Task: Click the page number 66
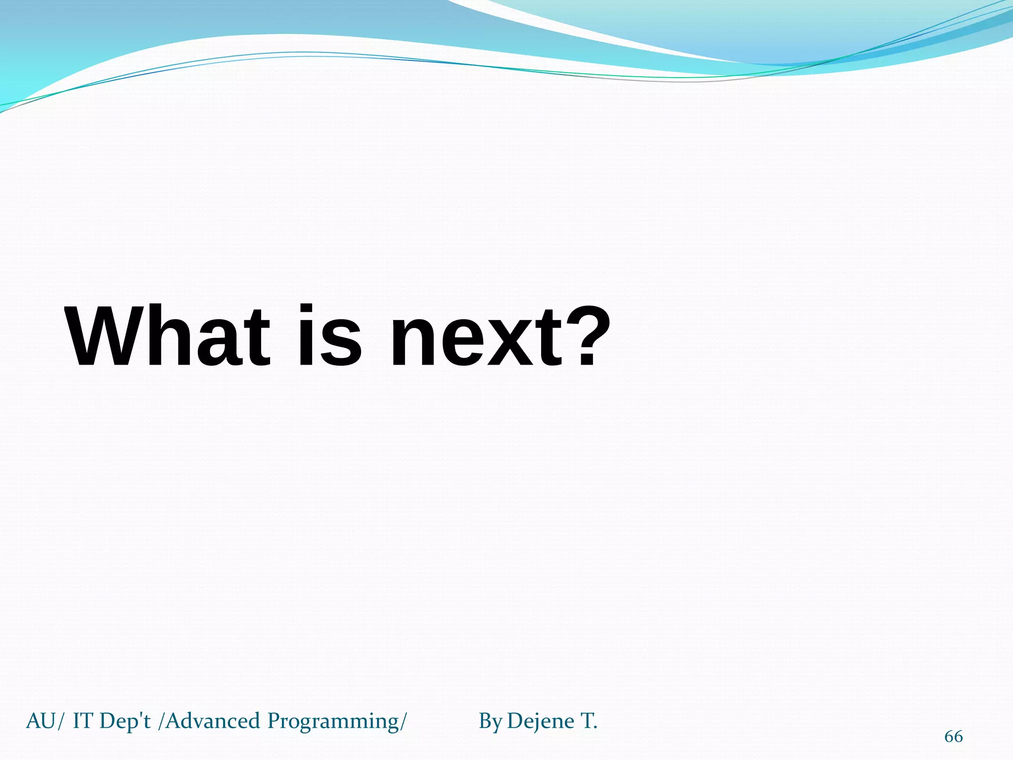pos(953,736)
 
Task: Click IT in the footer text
pos(83,721)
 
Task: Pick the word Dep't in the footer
pos(125,721)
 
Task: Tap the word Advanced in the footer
pos(213,721)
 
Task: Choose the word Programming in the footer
pos(333,722)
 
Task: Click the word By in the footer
pos(490,722)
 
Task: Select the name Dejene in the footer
pos(541,722)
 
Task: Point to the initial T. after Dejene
pos(589,721)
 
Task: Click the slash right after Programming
pos(404,722)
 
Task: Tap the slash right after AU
pos(60,722)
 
